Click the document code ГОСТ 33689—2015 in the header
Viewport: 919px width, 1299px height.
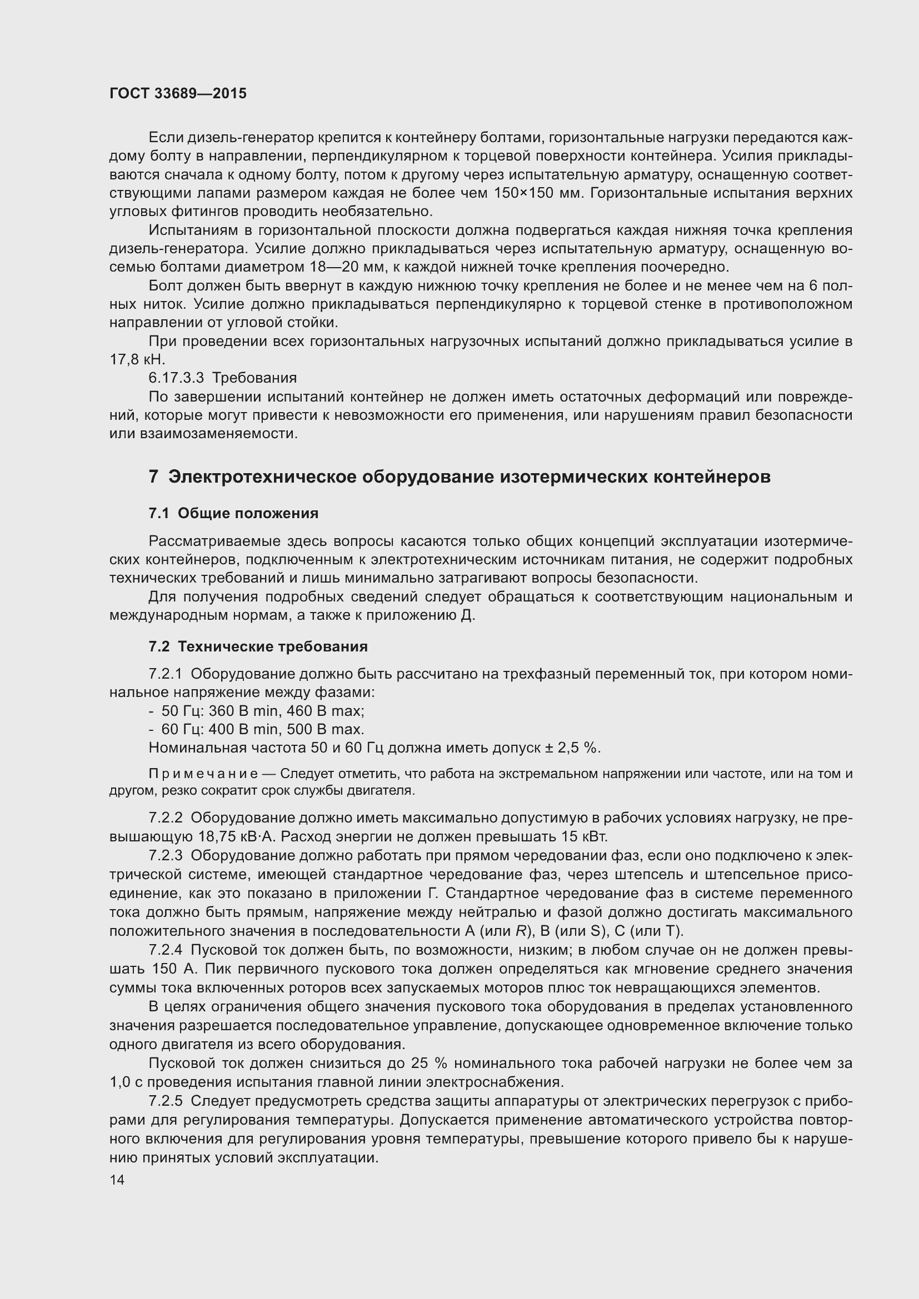tap(178, 94)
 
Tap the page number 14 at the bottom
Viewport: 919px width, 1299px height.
tap(117, 1180)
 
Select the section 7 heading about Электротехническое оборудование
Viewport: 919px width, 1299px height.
tap(459, 477)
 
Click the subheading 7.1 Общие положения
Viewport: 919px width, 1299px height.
tap(233, 513)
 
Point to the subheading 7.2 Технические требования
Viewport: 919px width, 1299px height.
tap(258, 646)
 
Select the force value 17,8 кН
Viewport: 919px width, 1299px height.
tap(137, 360)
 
